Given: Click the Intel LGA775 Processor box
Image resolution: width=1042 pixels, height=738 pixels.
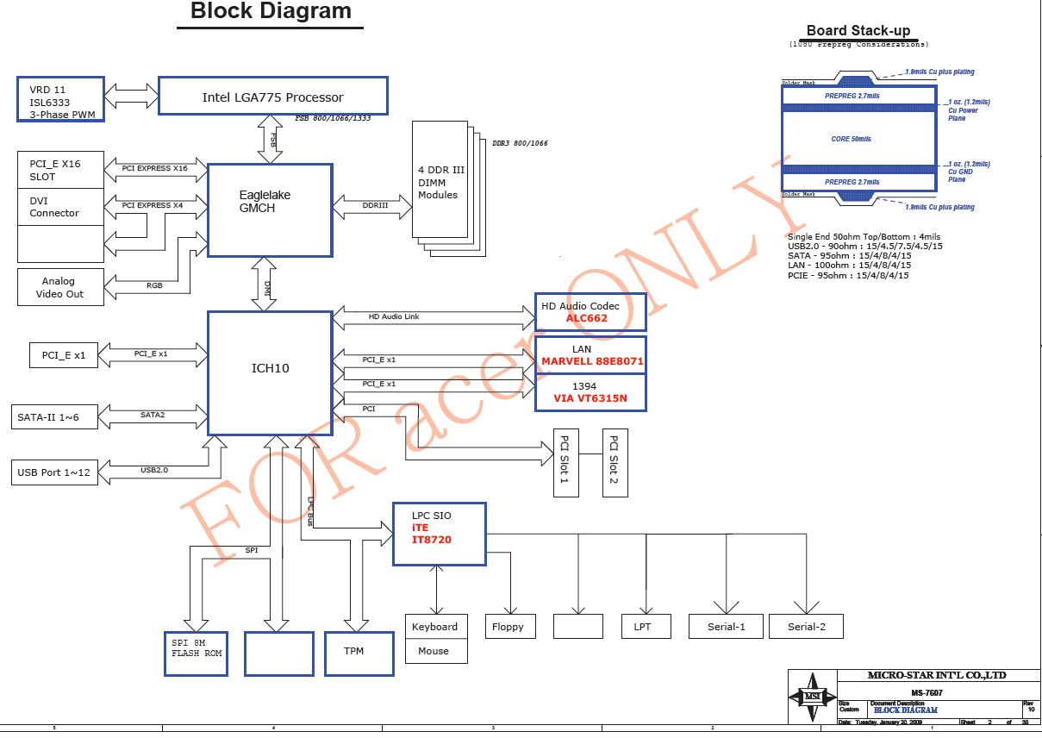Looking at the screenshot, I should tap(272, 96).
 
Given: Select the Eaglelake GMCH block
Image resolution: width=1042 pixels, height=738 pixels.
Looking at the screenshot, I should tap(270, 210).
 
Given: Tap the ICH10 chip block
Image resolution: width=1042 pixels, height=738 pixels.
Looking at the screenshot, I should tap(270, 372).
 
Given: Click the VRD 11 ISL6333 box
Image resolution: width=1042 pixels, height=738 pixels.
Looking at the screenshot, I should tap(61, 99).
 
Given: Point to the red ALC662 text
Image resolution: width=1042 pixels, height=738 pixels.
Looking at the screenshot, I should tap(586, 318).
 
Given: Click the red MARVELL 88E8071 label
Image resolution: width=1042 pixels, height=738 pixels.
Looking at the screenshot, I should tap(592, 362).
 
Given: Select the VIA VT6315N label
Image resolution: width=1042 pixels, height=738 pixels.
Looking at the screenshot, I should tap(591, 400).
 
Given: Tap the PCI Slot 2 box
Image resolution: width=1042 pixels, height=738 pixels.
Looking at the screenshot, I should tap(615, 464).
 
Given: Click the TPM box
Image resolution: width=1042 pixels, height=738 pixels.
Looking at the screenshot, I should tap(354, 652).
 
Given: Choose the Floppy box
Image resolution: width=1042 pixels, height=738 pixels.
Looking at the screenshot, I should tap(508, 627).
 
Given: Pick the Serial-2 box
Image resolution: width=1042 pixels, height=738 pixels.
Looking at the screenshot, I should tap(806, 627).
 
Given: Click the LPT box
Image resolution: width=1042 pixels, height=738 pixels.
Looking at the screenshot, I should tap(642, 627).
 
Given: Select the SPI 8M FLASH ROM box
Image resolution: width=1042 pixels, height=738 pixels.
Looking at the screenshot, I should tap(197, 654).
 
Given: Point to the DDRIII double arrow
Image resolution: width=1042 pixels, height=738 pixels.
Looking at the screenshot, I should tap(374, 206).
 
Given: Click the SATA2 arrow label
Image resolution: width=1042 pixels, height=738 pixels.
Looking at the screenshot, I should tap(153, 416).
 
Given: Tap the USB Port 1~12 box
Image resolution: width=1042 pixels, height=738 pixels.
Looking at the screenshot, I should tap(53, 472).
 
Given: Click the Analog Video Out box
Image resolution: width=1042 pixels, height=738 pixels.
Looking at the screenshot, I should tap(60, 287).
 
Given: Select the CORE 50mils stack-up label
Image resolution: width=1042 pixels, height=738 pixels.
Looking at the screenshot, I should tap(851, 139).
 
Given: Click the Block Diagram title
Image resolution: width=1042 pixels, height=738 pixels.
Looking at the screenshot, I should tap(271, 12).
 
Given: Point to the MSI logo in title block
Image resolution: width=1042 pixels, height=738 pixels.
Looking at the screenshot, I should tap(812, 697).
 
